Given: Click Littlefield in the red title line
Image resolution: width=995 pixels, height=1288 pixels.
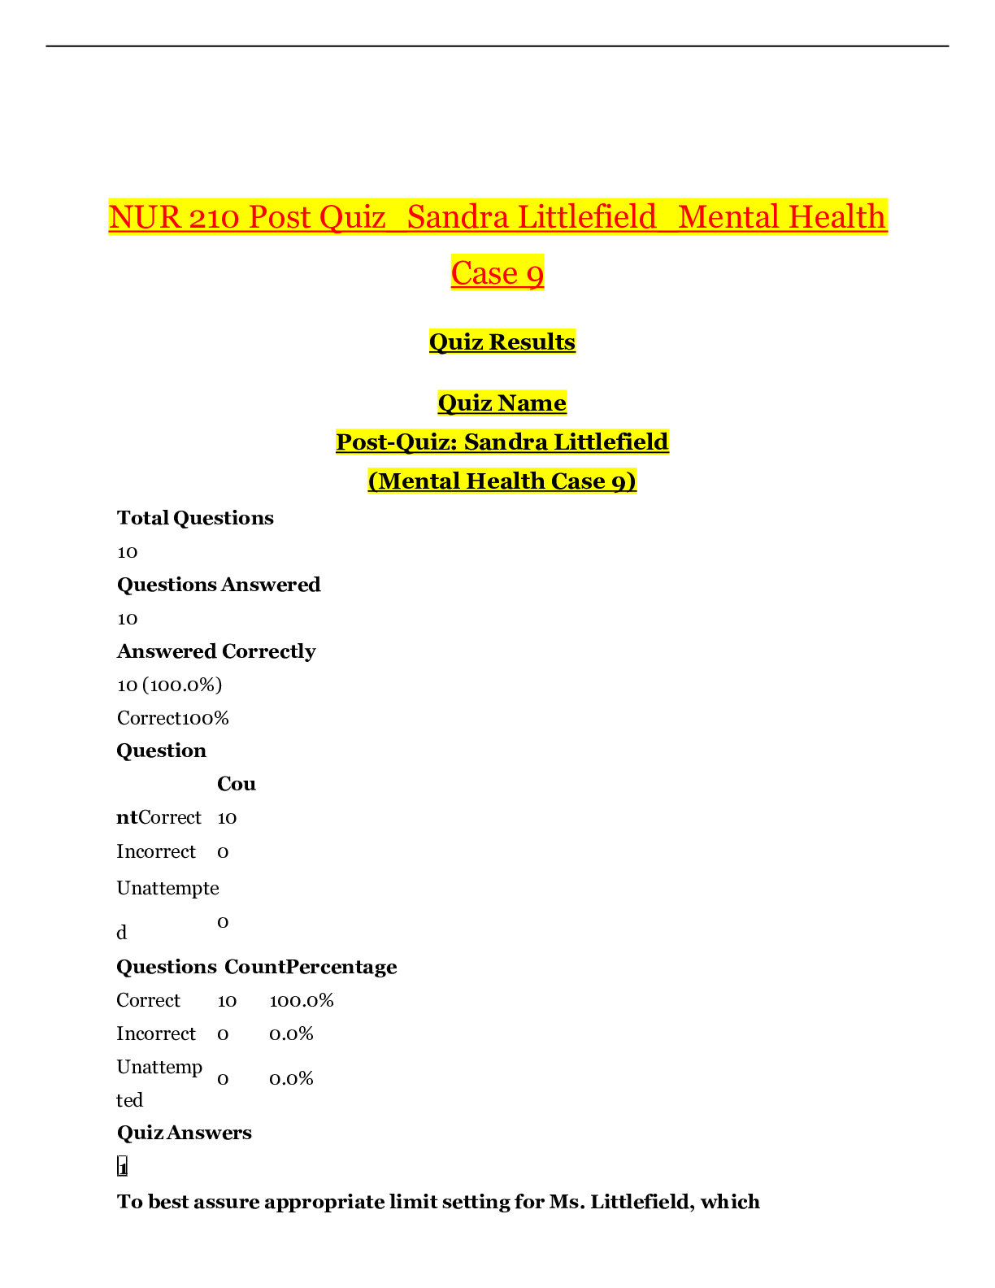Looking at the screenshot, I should tap(587, 217).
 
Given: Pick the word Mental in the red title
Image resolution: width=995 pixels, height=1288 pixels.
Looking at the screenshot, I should tap(728, 217).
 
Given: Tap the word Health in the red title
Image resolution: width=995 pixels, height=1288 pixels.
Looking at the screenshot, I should tap(837, 217).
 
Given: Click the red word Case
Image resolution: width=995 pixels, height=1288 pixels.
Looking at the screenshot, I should tap(484, 273).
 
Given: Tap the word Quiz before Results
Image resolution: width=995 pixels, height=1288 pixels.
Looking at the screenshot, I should tap(456, 342).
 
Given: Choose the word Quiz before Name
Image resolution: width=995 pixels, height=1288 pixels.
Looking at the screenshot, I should tap(465, 402).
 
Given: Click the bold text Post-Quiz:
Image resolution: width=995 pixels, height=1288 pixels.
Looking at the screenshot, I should tap(396, 442).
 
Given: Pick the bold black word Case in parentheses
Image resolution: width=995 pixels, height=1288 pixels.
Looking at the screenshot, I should tap(578, 481).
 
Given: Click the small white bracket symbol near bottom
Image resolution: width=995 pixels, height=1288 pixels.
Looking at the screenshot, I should tap(123, 1165).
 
